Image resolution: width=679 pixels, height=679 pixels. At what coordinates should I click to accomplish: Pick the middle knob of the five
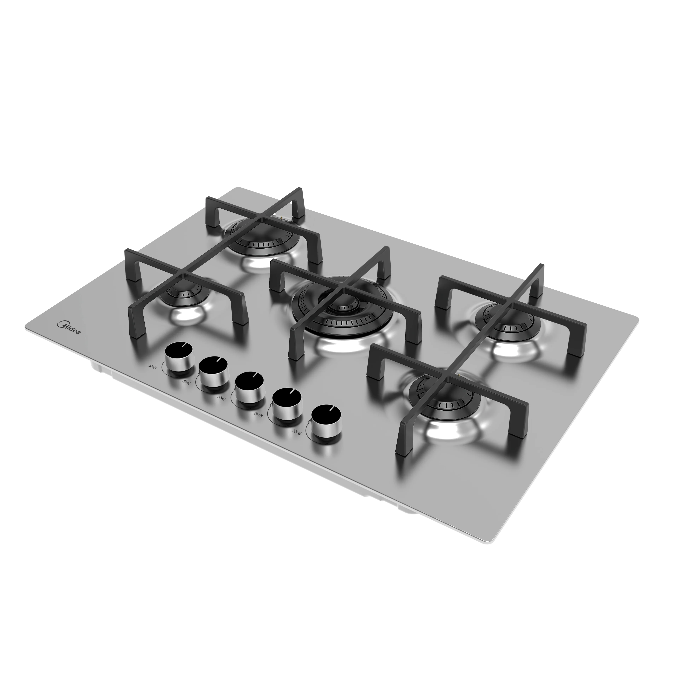(249, 387)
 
